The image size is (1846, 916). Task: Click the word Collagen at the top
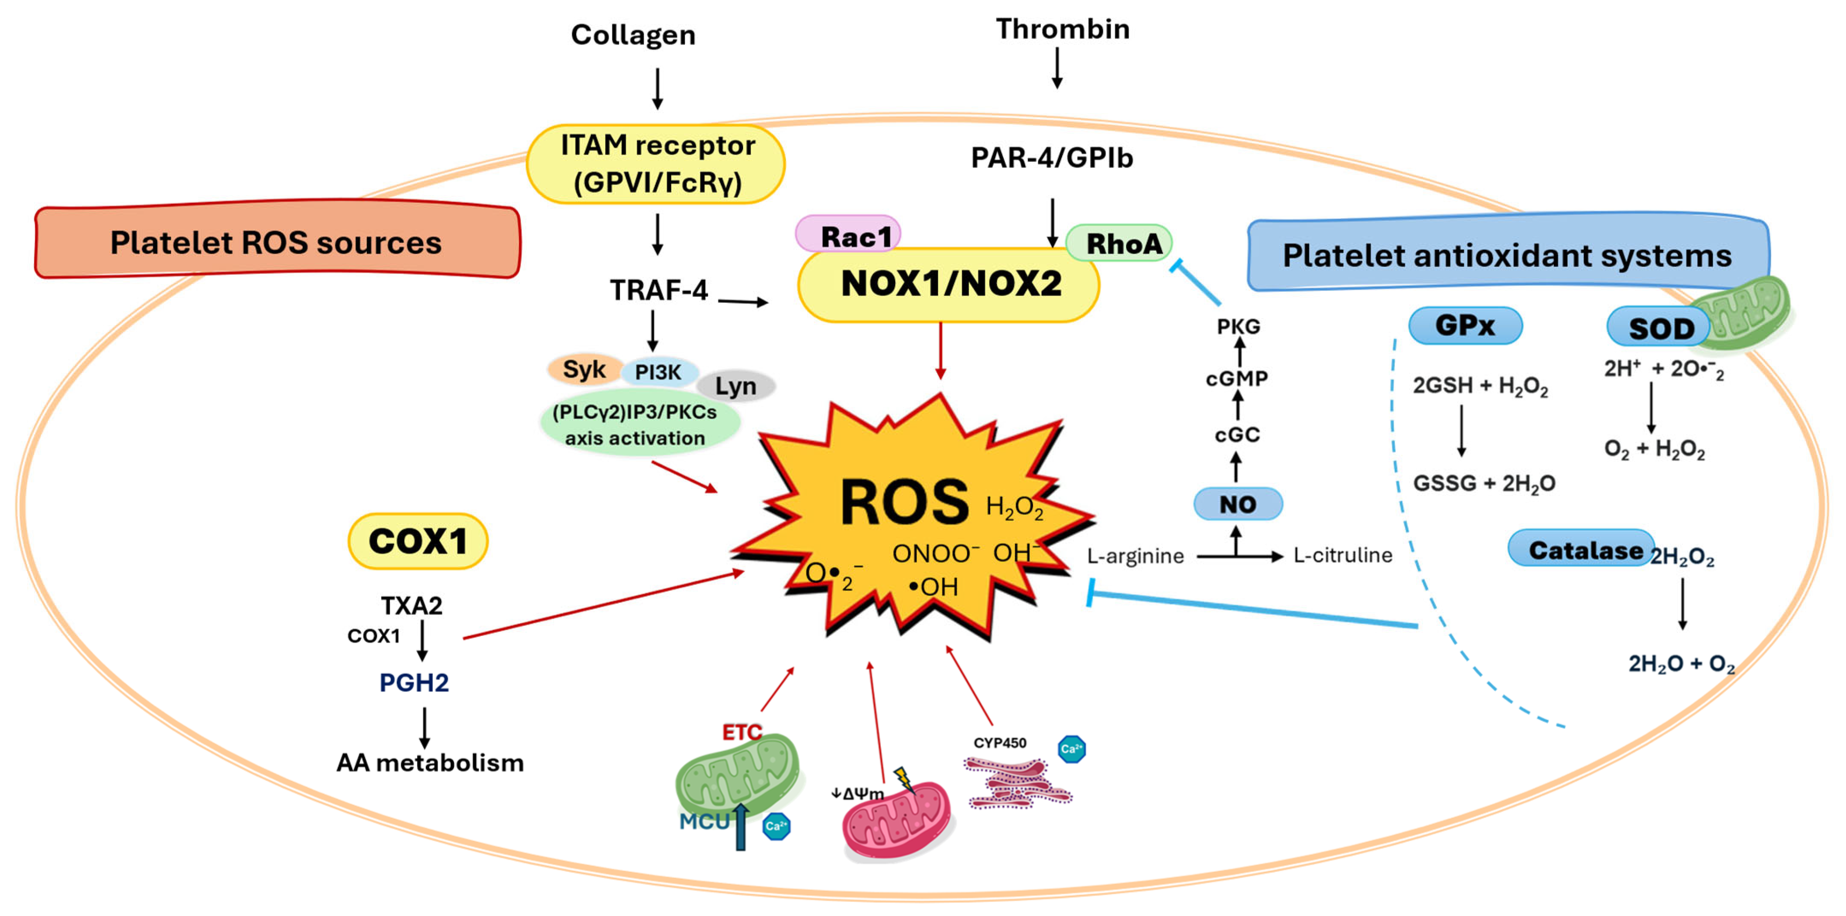[633, 35]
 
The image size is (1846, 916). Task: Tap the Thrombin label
[1062, 29]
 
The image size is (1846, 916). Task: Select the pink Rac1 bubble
[848, 235]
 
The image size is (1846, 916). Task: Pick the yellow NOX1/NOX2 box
[949, 284]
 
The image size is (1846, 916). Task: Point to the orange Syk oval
[584, 369]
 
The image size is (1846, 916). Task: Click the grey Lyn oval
[736, 385]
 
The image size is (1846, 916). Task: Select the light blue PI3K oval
[659, 372]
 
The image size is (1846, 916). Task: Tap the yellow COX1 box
[418, 541]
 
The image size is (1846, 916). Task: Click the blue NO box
[1237, 504]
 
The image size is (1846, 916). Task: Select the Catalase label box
[1581, 549]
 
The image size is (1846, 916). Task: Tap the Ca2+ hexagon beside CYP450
[1071, 749]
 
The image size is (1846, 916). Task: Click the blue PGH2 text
[414, 682]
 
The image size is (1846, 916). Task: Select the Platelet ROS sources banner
[277, 241]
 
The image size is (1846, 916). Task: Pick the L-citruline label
[1342, 555]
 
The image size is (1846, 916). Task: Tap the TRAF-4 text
[658, 290]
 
